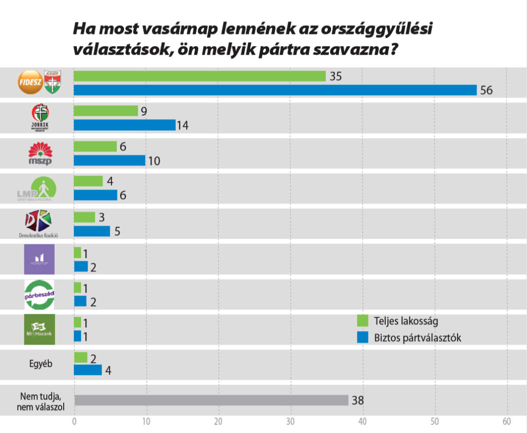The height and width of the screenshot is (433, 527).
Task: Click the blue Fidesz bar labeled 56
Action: click(x=275, y=90)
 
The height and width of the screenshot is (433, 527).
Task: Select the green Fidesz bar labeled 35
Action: click(x=199, y=76)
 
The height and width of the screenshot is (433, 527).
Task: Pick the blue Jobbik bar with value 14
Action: click(x=125, y=125)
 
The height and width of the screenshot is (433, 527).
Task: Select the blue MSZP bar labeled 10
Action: click(x=109, y=160)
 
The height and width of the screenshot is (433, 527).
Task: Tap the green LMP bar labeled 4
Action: click(x=88, y=181)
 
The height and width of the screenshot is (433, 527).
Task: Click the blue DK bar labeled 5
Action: click(x=92, y=231)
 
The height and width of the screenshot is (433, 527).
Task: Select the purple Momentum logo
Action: click(x=39, y=259)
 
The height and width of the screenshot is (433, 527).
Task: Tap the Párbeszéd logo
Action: click(x=39, y=294)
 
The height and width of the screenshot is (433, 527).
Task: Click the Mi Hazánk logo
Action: click(x=39, y=330)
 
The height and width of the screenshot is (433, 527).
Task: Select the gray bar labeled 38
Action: click(x=211, y=400)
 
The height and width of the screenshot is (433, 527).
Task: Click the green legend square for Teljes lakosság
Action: click(x=363, y=321)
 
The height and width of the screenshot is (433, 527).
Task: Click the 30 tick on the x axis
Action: click(x=290, y=422)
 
